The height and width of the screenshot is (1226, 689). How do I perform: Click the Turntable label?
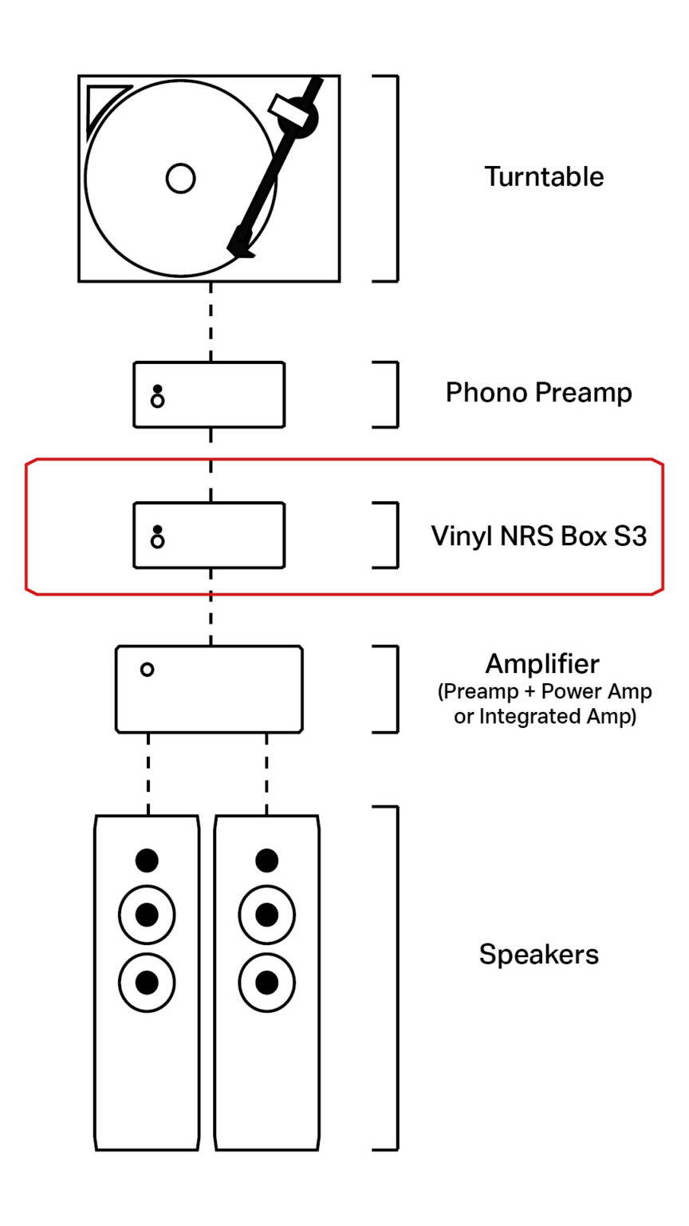click(x=544, y=176)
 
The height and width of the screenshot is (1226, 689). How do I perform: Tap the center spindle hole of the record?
click(x=181, y=178)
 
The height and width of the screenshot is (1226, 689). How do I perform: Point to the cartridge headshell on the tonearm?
click(x=241, y=242)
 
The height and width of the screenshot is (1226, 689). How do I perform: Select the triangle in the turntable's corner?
click(x=102, y=103)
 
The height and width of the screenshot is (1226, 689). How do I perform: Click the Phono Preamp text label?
click(x=538, y=393)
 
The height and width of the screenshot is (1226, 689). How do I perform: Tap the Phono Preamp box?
click(x=209, y=394)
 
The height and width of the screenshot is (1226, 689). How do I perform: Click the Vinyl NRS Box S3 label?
click(x=538, y=536)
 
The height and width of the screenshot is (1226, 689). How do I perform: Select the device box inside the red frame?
click(x=209, y=535)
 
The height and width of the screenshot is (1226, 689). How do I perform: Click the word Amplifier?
click(x=542, y=663)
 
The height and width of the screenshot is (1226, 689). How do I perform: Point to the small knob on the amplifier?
click(x=147, y=670)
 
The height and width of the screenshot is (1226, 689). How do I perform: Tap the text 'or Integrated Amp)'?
click(x=545, y=717)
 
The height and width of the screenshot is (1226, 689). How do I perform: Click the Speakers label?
click(x=538, y=954)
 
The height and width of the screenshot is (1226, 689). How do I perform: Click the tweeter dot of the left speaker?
click(x=147, y=860)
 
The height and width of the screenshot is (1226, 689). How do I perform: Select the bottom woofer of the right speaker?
click(x=266, y=982)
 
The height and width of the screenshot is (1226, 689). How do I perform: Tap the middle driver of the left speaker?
click(x=147, y=915)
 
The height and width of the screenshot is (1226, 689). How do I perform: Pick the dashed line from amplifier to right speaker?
click(x=266, y=773)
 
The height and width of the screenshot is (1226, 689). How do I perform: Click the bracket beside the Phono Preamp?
click(x=395, y=394)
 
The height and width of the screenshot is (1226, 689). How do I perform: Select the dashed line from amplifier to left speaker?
click(x=148, y=773)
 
